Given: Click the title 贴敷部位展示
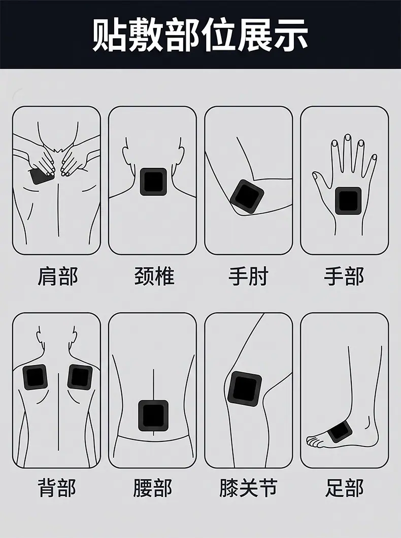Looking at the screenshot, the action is tap(201, 35).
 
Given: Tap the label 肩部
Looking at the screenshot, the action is tap(57, 276).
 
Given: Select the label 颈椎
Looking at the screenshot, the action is tap(154, 276).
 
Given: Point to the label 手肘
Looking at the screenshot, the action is tap(248, 276).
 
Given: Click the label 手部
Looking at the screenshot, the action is tap(344, 276).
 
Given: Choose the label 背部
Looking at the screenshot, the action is tap(57, 488).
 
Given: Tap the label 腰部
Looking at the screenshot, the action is tap(153, 488).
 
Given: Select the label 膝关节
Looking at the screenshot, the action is tap(248, 488).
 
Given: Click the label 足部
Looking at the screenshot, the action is tap(344, 488).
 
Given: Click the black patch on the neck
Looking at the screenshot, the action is tap(153, 182).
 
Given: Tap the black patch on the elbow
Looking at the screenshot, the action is tap(247, 197).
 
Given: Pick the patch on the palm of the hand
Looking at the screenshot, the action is tap(348, 201).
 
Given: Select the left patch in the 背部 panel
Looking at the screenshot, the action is tap(35, 377).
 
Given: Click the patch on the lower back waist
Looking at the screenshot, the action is tap(153, 415).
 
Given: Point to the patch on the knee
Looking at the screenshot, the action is tap(245, 388).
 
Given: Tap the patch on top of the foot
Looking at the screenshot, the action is tap(340, 431).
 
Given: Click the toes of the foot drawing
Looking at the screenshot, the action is tap(315, 441).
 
